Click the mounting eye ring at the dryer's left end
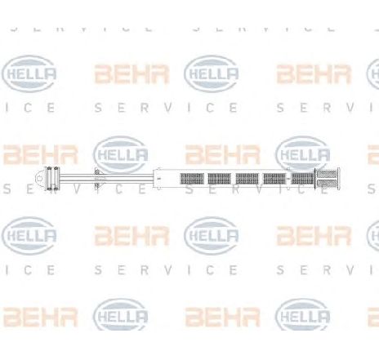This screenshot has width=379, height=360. click(39, 179)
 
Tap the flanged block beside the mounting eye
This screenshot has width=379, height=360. click(53, 179)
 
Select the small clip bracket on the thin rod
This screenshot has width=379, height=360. click(97, 179)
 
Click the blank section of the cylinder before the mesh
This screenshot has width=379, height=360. click(167, 179)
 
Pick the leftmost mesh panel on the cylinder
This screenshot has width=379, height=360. click(192, 179)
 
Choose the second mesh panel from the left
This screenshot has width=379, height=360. click(220, 179)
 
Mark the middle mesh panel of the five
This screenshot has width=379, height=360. click(247, 179)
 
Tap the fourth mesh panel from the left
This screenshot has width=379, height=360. click(274, 179)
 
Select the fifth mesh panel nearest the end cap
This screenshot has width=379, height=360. click(302, 179)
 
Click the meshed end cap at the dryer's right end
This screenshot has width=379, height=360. click(328, 179)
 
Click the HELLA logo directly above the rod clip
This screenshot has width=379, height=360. click(121, 154)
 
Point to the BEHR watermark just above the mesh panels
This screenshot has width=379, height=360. click(223, 154)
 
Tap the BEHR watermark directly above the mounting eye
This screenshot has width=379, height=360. click(40, 154)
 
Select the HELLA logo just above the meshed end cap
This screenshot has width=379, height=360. click(303, 154)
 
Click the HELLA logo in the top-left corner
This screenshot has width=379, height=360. click(29, 73)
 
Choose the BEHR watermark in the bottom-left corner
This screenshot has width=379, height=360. click(40, 318)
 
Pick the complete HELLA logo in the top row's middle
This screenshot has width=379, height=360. click(212, 73)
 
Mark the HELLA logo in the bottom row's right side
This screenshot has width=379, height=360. click(303, 318)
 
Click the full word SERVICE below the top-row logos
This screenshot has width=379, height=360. click(167, 109)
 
